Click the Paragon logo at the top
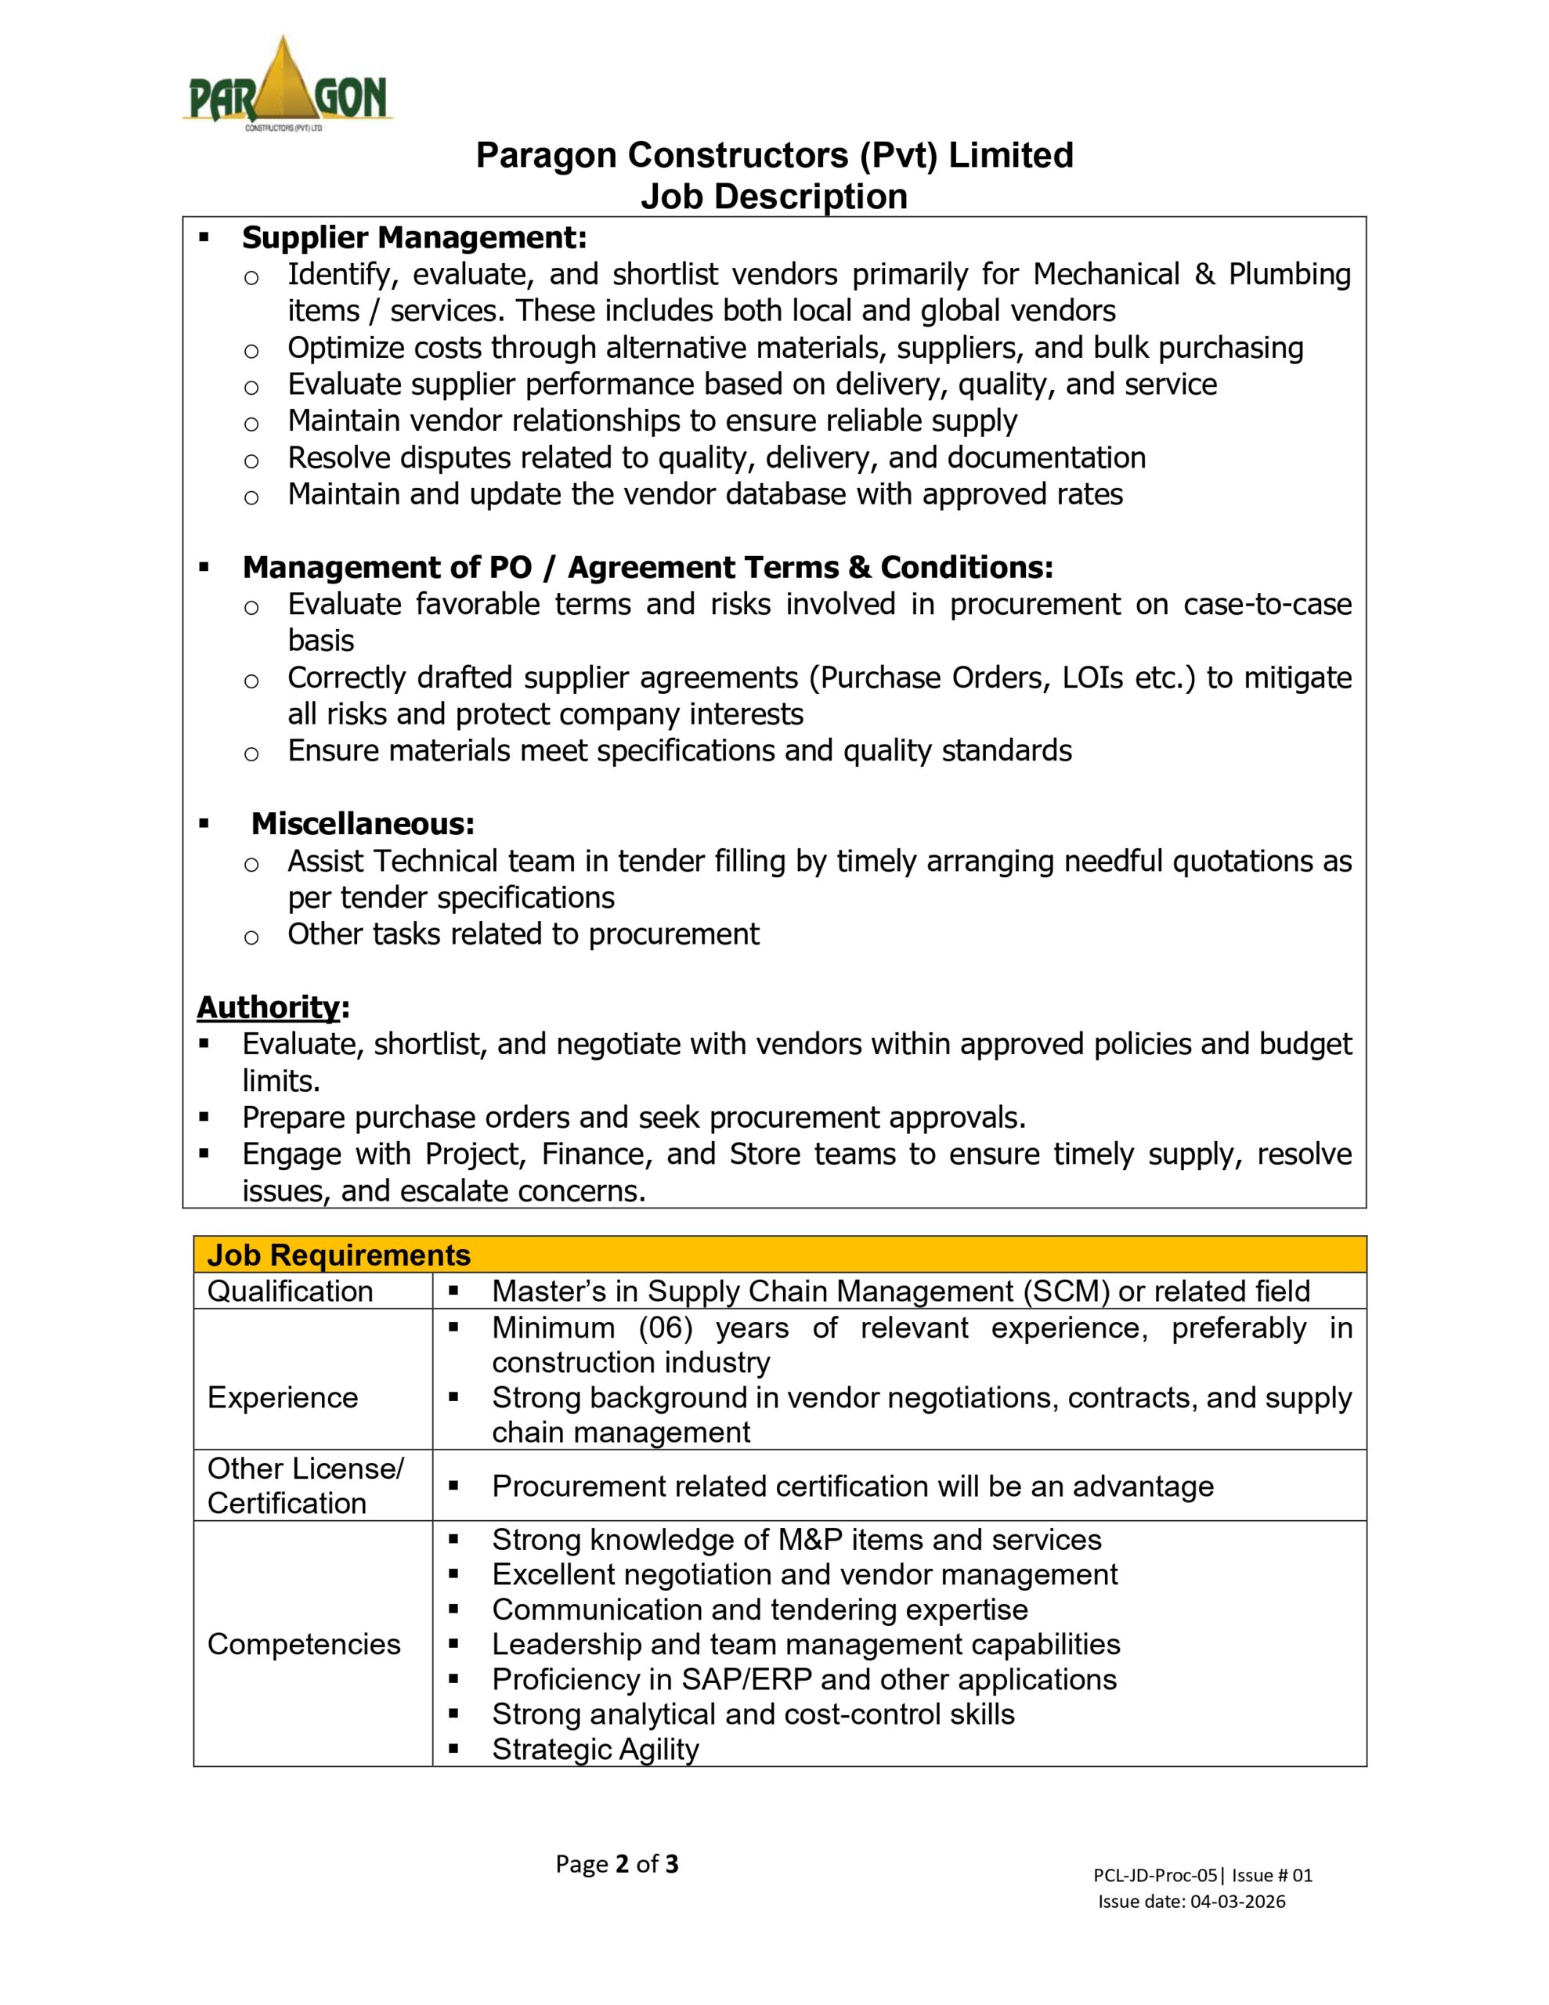287,85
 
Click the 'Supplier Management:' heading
414,238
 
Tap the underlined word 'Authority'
268,1007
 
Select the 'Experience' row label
283,1397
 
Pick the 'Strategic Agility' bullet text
595,1749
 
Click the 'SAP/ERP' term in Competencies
746,1679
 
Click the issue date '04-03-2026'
1238,1902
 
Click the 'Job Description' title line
774,197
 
